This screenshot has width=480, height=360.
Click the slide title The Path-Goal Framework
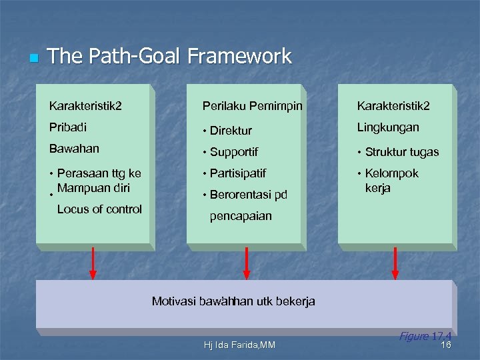pos(169,56)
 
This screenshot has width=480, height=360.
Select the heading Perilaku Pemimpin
pos(252,106)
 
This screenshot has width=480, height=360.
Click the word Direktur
pos(231,131)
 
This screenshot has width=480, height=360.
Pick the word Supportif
pos(233,152)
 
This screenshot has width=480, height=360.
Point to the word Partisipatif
pos(237,173)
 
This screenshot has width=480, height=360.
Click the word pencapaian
pos(241,216)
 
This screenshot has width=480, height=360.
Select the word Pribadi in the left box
pos(68,127)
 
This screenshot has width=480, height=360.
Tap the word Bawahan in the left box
pos(74,148)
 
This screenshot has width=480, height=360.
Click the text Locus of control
pos(99,209)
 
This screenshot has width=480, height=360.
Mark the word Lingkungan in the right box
pos(388,127)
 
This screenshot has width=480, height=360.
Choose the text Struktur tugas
pos(402,152)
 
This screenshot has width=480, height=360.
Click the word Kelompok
pos(392,173)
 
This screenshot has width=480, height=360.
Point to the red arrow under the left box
pos(93,263)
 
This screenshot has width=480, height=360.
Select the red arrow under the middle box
pos(247,263)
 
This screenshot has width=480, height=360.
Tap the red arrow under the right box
pos(395,263)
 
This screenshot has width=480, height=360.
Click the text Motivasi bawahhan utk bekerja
pos(233,301)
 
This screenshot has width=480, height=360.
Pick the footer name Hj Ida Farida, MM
pos(239,345)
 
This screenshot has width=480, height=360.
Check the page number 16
pos(446,345)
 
